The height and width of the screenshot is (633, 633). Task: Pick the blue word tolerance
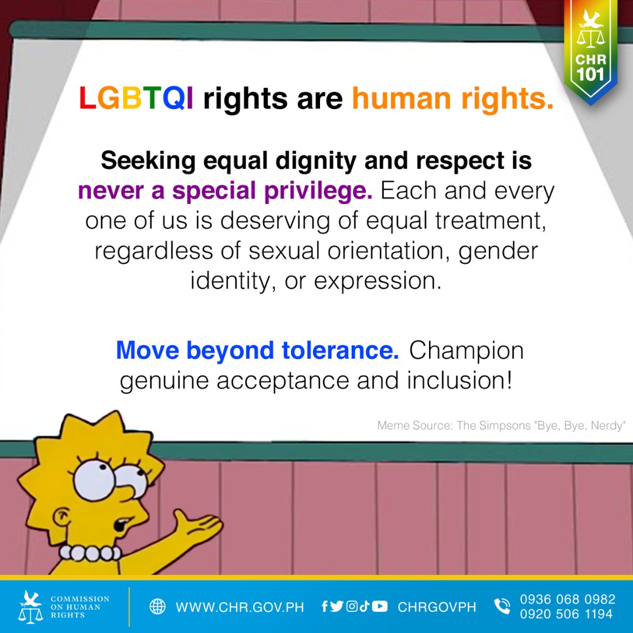pyautogui.click(x=341, y=350)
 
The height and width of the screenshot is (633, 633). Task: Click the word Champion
pyautogui.click(x=466, y=350)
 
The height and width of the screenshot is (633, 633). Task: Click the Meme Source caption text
pyautogui.click(x=502, y=426)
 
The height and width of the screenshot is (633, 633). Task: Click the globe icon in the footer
pyautogui.click(x=157, y=607)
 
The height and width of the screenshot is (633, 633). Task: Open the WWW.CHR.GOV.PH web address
pyautogui.click(x=240, y=607)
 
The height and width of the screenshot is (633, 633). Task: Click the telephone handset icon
pyautogui.click(x=502, y=607)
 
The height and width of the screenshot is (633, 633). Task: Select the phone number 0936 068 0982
pyautogui.click(x=567, y=599)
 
